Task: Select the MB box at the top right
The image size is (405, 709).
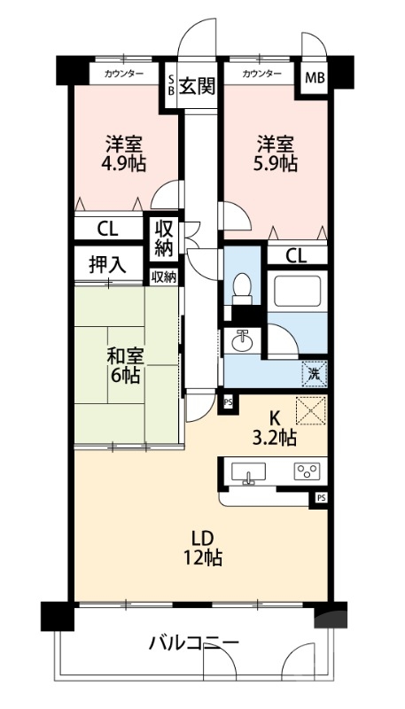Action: (315, 78)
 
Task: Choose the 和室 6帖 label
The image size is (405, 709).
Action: (125, 365)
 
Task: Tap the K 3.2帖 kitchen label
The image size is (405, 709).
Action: (276, 428)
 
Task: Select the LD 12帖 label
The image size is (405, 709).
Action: (202, 548)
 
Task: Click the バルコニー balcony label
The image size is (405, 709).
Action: (193, 642)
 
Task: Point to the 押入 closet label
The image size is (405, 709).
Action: (107, 263)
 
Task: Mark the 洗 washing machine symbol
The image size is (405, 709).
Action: (314, 373)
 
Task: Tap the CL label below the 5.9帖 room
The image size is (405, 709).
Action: (297, 256)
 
